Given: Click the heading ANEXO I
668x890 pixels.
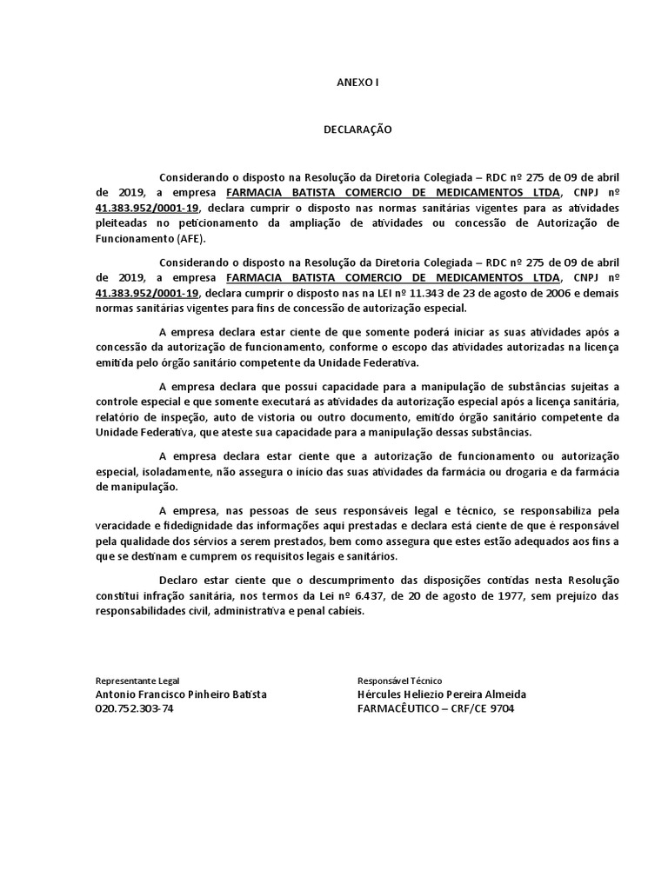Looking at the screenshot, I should pyautogui.click(x=357, y=83).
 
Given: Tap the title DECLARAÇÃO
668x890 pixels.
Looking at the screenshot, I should pyautogui.click(x=357, y=130).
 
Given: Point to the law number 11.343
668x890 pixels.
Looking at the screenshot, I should pyautogui.click(x=422, y=293).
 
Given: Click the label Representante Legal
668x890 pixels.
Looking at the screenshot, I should pyautogui.click(x=137, y=681).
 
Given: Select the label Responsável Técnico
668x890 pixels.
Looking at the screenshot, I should pyautogui.click(x=399, y=681).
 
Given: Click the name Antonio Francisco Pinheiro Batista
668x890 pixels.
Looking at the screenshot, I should pyautogui.click(x=181, y=694).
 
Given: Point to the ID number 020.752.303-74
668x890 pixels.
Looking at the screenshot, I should pyautogui.click(x=134, y=708).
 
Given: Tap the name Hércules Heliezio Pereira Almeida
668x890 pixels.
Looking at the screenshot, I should pyautogui.click(x=441, y=694).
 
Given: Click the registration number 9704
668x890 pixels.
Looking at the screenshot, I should pyautogui.click(x=502, y=708).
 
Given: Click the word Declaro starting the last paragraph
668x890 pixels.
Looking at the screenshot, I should pyautogui.click(x=178, y=580).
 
